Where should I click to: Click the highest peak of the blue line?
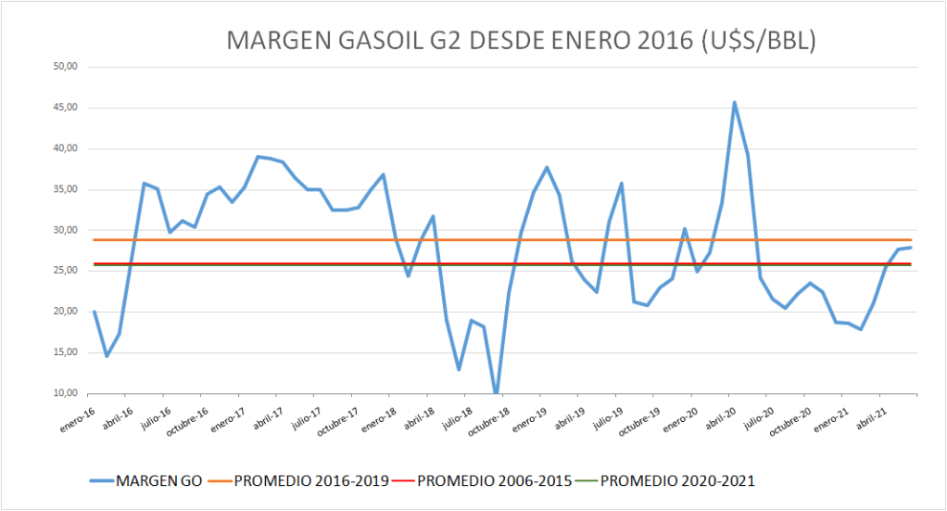click(x=735, y=102)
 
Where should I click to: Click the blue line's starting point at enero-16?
click(x=94, y=312)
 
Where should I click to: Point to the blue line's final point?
click(x=912, y=247)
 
